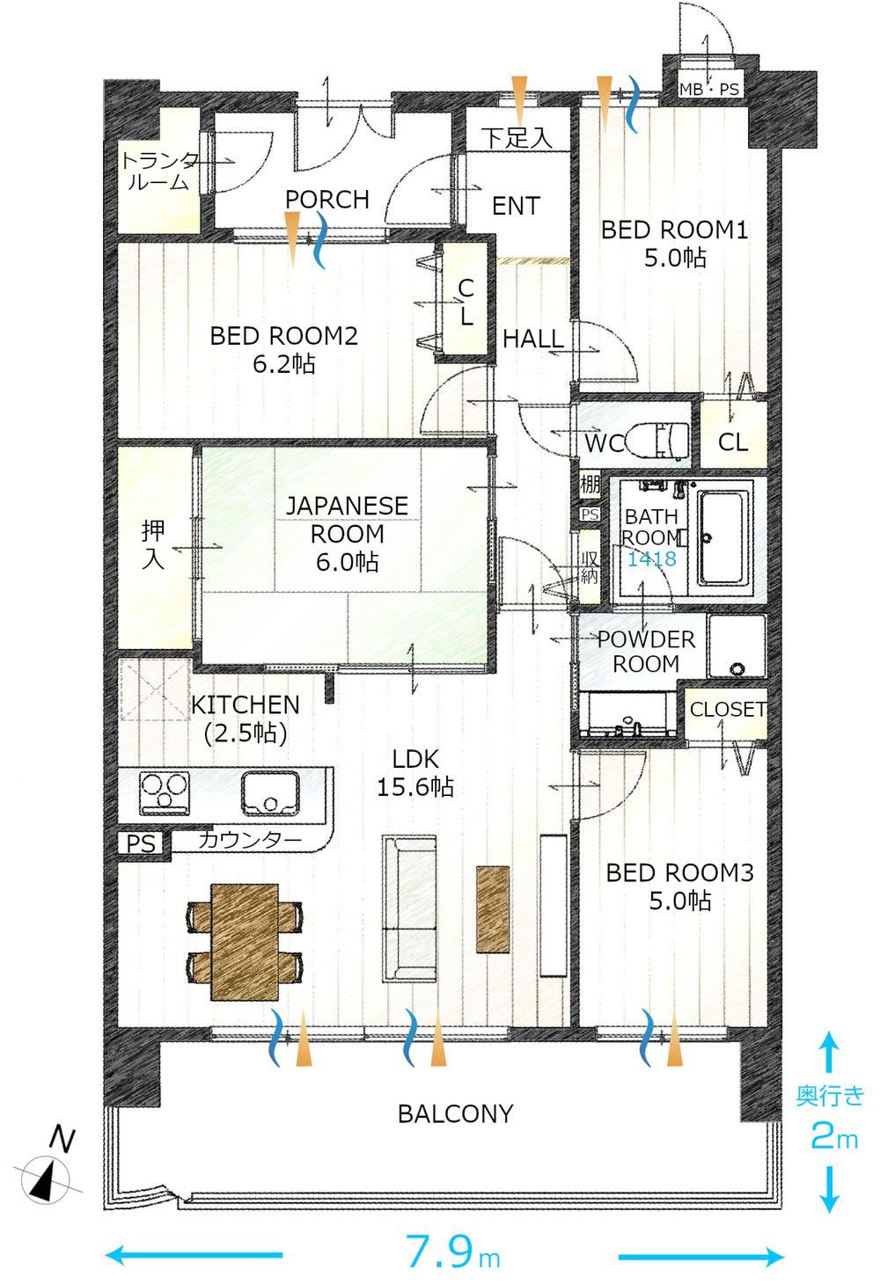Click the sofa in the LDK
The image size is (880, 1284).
[x=409, y=908]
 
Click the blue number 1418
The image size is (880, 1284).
[x=651, y=558]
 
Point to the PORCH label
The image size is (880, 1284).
[x=327, y=200]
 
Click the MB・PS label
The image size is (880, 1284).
[x=709, y=90]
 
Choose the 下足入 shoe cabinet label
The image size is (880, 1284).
[x=517, y=137]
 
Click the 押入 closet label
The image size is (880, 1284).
[x=153, y=545]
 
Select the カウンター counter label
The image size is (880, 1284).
[x=250, y=841]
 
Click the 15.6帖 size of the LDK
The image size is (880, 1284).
[x=414, y=787]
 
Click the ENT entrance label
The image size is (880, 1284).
[x=516, y=206]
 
